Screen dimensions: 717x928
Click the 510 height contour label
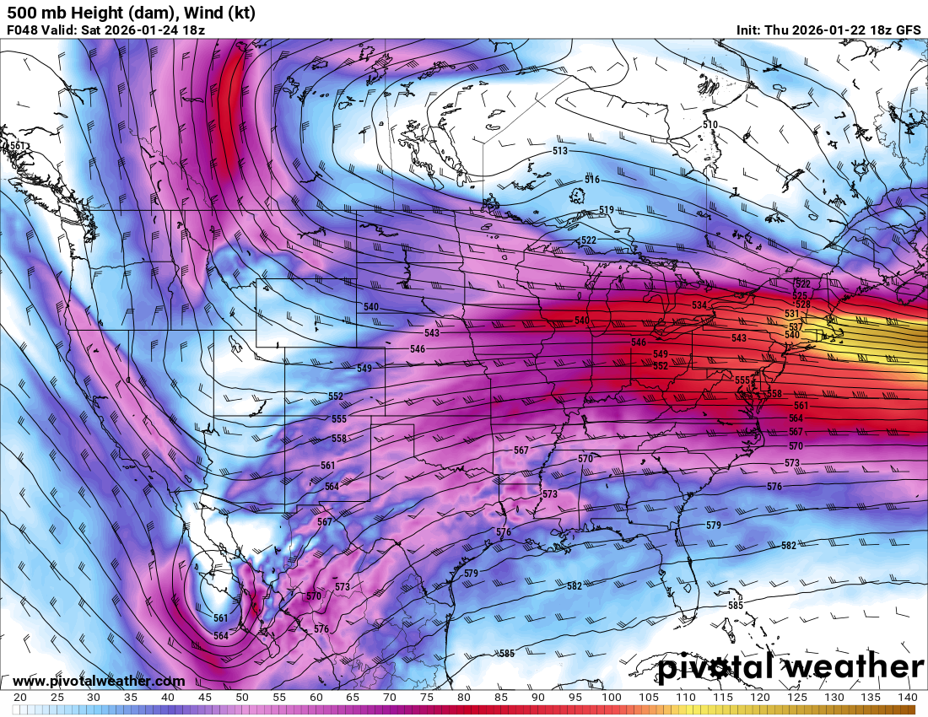710,125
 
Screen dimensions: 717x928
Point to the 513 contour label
560,151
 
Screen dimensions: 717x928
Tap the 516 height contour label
592,181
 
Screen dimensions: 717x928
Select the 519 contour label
607,210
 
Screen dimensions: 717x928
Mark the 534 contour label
699,305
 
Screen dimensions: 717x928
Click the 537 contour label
795,326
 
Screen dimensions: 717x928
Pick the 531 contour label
791,314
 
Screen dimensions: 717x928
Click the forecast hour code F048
23,30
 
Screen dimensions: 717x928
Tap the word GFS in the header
908,30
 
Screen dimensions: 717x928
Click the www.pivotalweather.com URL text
99,681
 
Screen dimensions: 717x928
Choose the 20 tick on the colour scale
20,698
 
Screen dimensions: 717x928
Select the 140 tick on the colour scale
907,698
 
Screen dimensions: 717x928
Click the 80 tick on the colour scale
464,698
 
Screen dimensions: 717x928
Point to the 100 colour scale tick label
612,698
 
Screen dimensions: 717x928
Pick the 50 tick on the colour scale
242,698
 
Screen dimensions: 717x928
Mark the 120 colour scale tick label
759,698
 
